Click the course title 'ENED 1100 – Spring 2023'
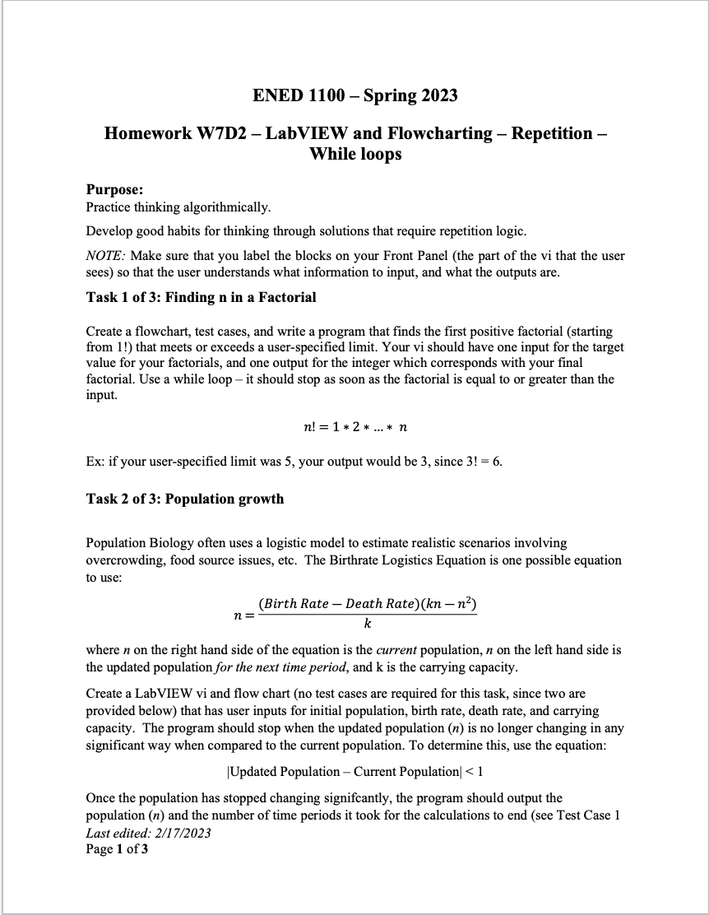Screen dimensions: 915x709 click(354, 95)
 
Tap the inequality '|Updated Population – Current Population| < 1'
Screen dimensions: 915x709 click(354, 771)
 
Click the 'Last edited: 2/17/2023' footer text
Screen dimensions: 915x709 click(148, 833)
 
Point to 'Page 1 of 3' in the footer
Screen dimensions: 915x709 click(117, 848)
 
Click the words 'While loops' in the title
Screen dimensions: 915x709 click(354, 154)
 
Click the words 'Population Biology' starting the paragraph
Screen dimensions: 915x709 click(137, 543)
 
